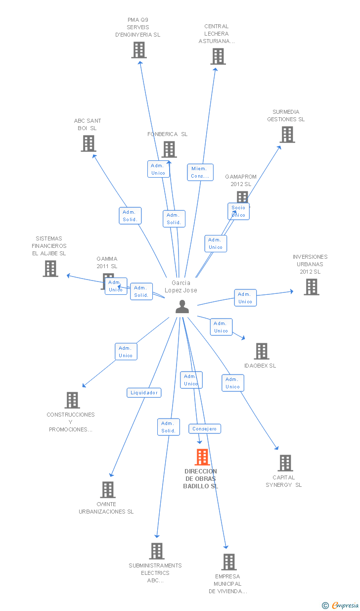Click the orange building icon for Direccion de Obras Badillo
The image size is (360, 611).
[202, 457]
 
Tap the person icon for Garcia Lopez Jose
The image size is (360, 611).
[182, 307]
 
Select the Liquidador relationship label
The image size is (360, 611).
[144, 393]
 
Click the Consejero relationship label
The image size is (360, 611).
[204, 429]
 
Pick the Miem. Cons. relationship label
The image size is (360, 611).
[200, 172]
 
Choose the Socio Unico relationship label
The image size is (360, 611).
[238, 211]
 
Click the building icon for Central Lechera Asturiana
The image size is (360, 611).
[218, 56]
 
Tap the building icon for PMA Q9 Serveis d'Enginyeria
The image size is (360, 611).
[139, 50]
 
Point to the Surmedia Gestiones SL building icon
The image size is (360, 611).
[287, 135]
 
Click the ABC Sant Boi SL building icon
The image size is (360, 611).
[89, 143]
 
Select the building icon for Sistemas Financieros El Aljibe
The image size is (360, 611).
[50, 269]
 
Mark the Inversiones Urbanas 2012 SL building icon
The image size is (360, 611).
[311, 287]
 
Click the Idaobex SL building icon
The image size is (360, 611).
[261, 351]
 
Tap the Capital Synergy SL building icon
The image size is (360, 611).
[285, 463]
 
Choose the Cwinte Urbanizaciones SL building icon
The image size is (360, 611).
[107, 490]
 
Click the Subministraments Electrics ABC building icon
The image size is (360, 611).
[156, 551]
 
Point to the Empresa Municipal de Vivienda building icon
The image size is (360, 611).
[228, 562]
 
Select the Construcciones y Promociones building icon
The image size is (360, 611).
[72, 400]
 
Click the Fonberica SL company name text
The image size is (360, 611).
[167, 134]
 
